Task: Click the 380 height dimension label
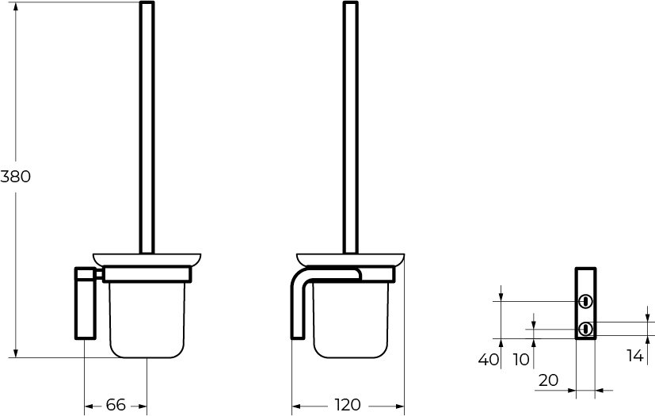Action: click(16, 177)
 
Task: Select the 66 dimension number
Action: click(116, 405)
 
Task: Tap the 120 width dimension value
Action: click(348, 405)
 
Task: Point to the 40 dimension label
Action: click(489, 359)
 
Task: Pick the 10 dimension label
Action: click(521, 359)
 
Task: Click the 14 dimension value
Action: click(635, 355)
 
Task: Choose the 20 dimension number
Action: click(549, 380)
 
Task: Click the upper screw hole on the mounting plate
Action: click(585, 301)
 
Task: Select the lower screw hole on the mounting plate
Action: click(585, 329)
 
